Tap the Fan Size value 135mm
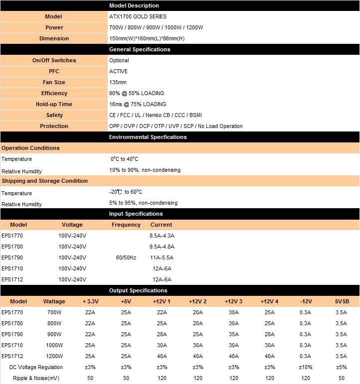coord(118,82)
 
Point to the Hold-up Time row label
coord(54,104)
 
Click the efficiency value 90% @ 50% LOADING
coord(136,93)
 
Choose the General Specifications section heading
coord(140,49)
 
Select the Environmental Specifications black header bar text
coord(148,137)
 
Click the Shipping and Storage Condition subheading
coord(44,181)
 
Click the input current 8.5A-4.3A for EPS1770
coord(162,236)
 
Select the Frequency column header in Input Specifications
coord(126,225)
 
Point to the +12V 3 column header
coord(233,301)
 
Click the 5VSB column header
coord(341,301)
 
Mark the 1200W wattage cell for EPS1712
coord(54,356)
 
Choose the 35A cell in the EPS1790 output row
coord(233,334)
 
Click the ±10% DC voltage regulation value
coord(305,367)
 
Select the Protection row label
coord(54,126)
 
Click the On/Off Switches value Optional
coord(119,60)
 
